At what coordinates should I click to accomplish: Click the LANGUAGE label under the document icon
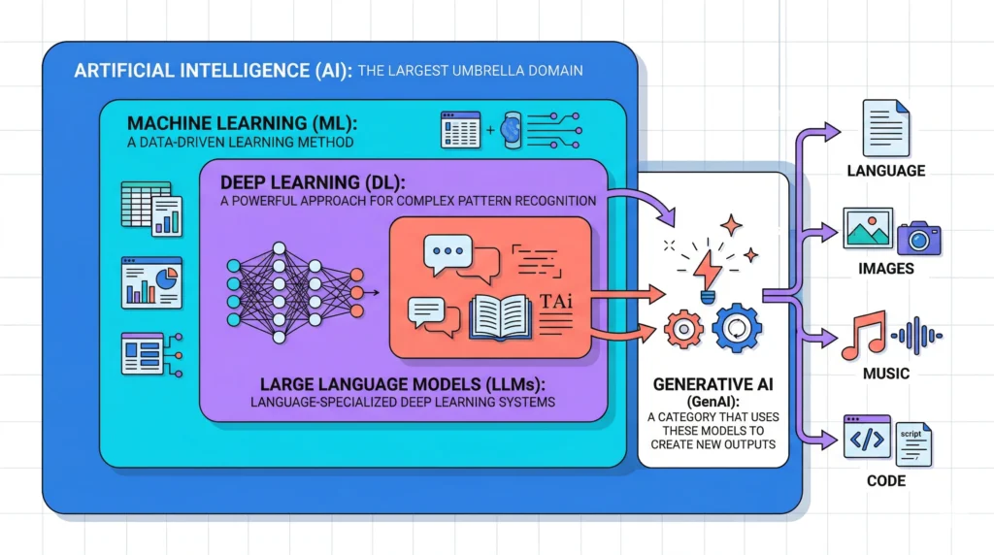885,171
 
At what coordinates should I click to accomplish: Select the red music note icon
862,336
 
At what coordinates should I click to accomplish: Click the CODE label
885,481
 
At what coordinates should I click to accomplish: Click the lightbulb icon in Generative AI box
707,268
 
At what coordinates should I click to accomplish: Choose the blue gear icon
737,328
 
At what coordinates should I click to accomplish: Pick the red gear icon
684,330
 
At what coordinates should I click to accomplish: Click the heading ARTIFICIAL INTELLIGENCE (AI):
211,71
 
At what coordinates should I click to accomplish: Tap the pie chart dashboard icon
151,282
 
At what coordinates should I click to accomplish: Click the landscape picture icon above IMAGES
867,227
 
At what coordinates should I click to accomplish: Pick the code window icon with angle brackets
867,439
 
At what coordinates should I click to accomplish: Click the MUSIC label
885,374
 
